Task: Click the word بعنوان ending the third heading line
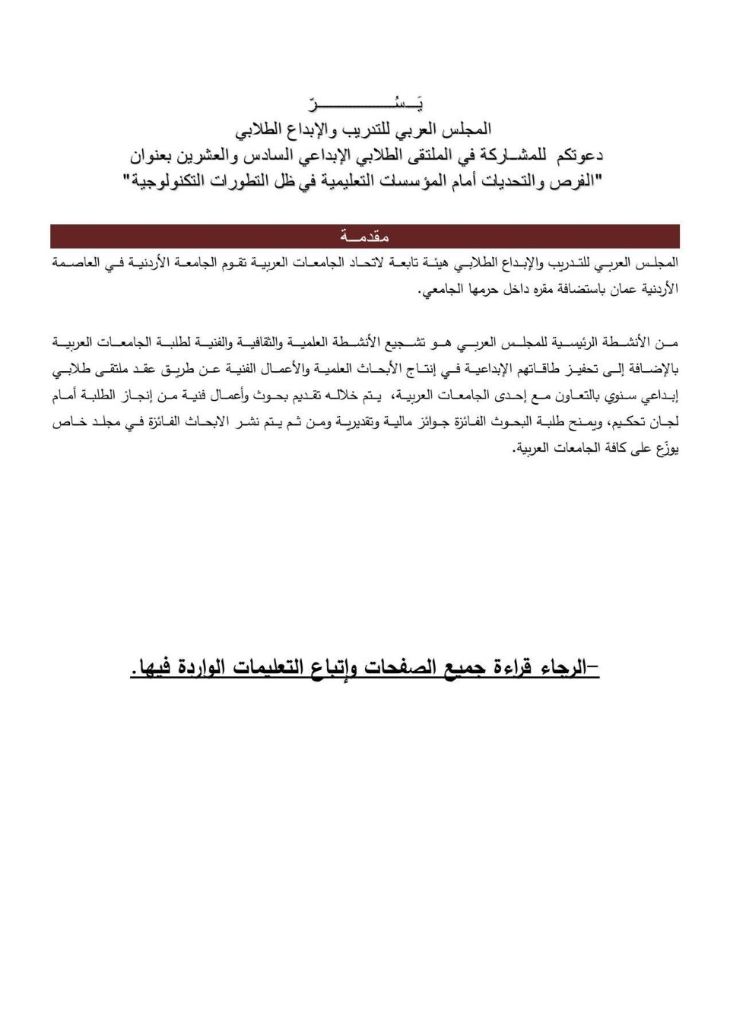coord(157,156)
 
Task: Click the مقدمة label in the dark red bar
coord(364,237)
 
